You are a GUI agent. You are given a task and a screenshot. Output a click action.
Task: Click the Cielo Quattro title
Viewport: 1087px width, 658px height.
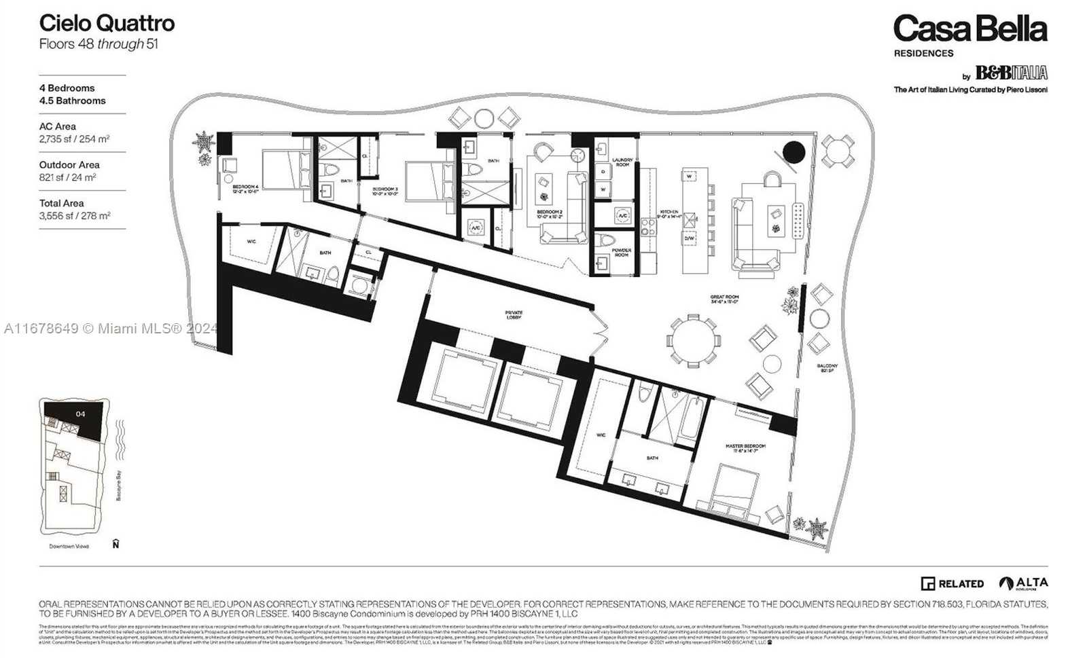pos(107,23)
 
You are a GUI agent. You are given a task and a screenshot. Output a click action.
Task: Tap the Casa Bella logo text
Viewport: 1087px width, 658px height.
pos(969,29)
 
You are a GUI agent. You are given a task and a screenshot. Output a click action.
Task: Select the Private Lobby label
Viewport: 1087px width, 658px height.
pos(514,315)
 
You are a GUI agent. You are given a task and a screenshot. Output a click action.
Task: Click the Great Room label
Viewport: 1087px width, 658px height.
pos(725,299)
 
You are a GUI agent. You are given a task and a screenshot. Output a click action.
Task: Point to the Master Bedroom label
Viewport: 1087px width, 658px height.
pos(745,448)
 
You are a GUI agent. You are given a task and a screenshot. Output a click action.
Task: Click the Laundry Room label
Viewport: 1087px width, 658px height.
pos(622,162)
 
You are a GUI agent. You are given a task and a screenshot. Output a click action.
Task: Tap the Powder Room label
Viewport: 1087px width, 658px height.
pos(622,252)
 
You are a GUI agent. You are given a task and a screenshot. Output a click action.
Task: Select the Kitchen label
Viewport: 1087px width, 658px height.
pos(669,213)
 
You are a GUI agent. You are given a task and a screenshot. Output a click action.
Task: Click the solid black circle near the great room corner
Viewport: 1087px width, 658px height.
pos(794,151)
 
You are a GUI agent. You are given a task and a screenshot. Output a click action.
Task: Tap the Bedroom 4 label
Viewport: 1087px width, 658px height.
pos(245,188)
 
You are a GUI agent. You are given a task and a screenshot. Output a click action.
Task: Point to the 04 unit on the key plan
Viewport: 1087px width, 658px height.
pos(80,414)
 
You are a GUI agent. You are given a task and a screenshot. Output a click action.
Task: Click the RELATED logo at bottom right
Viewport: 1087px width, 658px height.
pos(952,583)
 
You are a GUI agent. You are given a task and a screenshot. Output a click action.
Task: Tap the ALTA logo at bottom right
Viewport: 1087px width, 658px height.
pos(1023,583)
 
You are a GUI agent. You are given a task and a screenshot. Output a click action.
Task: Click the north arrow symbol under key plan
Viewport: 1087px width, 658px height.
pos(116,544)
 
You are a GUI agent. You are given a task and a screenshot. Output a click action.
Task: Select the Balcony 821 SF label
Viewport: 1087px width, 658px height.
pos(827,368)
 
